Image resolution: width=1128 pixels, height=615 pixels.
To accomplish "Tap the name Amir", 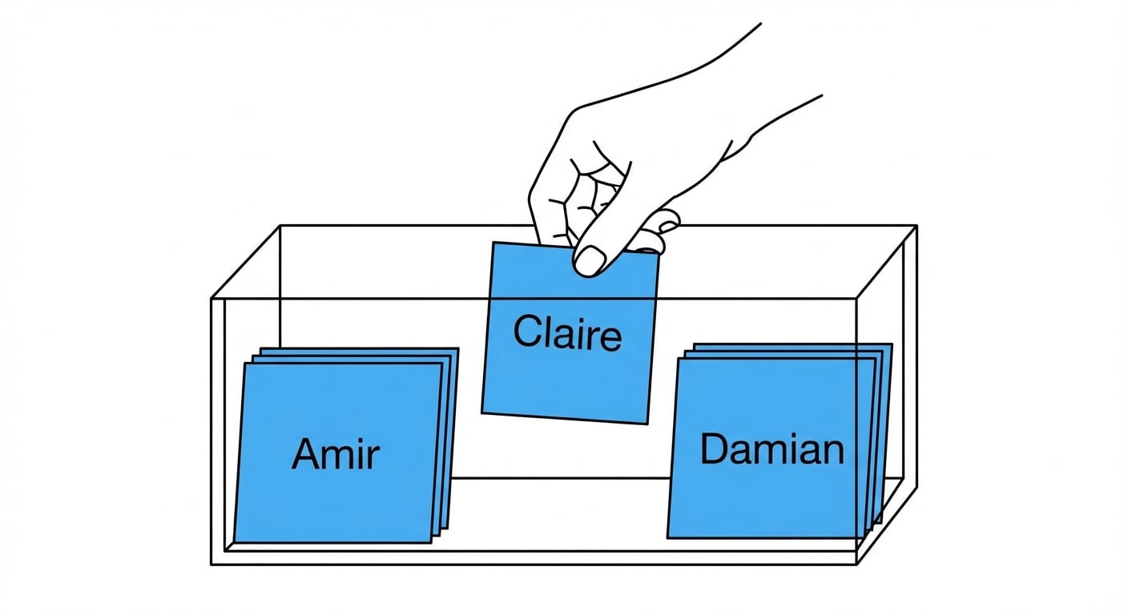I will [x=335, y=453].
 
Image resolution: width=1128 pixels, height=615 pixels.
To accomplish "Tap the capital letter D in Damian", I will [x=715, y=448].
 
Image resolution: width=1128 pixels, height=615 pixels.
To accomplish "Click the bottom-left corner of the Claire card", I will [x=481, y=412].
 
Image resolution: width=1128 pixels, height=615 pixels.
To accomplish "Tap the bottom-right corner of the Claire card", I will [x=647, y=424].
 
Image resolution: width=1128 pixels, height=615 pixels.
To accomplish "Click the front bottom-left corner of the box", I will [x=211, y=565].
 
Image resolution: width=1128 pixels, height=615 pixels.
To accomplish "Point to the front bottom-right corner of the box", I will [x=856, y=565].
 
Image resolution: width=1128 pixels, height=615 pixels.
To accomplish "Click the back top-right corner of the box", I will [x=916, y=226].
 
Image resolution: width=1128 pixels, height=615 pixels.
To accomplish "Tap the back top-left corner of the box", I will [x=280, y=226].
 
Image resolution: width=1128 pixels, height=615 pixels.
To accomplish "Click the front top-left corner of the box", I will [x=211, y=299].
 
